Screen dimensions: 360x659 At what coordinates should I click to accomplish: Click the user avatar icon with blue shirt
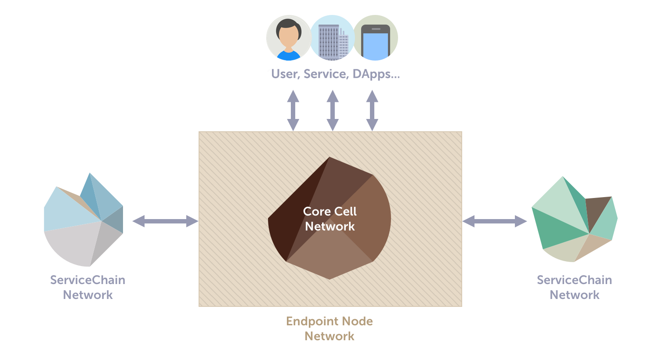(x=288, y=38)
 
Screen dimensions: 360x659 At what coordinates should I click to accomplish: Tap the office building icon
(x=332, y=38)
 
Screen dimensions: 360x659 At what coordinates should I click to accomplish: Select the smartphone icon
(x=375, y=38)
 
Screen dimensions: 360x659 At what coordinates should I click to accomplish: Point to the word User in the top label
(x=285, y=74)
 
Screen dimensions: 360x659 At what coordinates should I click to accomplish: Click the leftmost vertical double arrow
(x=293, y=111)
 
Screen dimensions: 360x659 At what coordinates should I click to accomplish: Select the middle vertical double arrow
(x=333, y=111)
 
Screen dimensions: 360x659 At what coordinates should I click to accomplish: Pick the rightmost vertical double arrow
(x=372, y=111)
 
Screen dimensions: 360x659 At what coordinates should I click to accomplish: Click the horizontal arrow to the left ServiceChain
(x=165, y=221)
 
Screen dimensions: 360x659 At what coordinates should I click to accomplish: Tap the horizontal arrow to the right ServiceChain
(x=495, y=221)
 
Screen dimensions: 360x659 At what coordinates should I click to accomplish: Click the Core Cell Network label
(x=329, y=219)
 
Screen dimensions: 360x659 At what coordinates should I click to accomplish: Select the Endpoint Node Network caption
(x=329, y=328)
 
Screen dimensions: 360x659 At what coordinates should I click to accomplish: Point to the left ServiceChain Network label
(x=88, y=287)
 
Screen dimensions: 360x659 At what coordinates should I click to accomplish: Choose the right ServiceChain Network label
(x=575, y=287)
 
